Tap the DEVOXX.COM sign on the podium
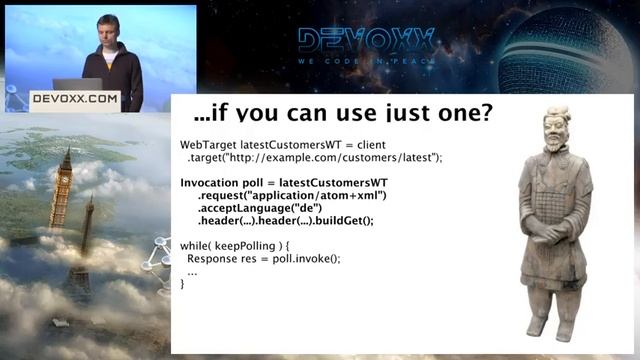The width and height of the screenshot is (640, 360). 75,99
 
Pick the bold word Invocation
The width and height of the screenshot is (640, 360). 214,183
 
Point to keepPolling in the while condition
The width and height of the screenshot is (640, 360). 245,246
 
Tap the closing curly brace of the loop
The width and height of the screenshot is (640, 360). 182,284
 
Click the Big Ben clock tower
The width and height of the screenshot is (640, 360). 64,190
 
